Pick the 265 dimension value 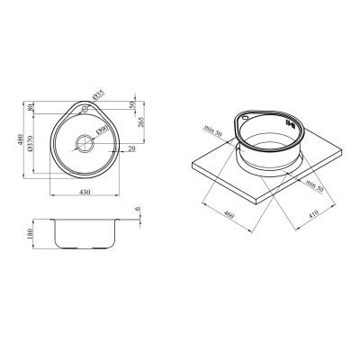pyautogui.click(x=140, y=123)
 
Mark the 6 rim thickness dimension pyautogui.click(x=137, y=210)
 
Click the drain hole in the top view pyautogui.click(x=85, y=142)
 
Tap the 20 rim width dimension pyautogui.click(x=132, y=148)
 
